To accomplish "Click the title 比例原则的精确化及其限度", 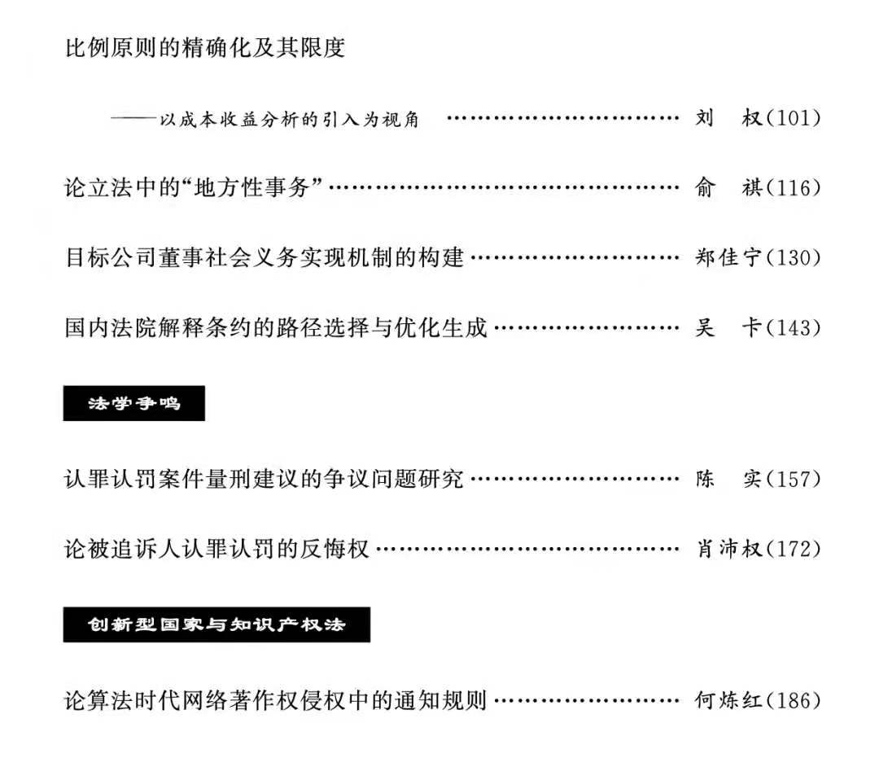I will pos(205,48).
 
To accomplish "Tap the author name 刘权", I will pos(728,118).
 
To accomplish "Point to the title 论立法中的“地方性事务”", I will pos(195,188).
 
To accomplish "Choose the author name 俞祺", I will pos(728,188).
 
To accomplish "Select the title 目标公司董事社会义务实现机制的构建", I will pos(265,258).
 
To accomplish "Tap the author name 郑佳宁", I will pos(728,258).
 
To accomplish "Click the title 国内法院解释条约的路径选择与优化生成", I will pos(276,327).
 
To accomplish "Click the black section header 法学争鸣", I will pos(133,404).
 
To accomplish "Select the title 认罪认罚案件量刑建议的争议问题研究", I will pos(265,479).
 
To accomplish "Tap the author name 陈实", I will pos(728,479).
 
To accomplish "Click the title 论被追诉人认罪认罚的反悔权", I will pos(217,549).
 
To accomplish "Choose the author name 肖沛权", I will pos(728,549).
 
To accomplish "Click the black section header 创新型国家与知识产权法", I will pos(216,625).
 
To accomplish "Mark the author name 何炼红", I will pos(728,700).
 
